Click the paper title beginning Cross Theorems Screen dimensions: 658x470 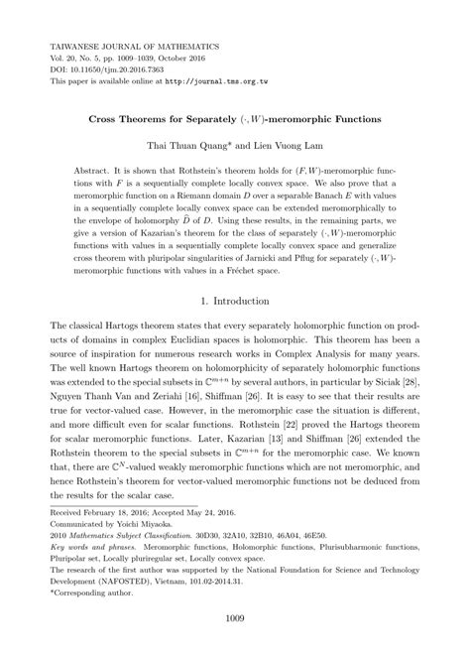click(x=235, y=118)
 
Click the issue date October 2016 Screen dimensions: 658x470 click(x=202, y=59)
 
